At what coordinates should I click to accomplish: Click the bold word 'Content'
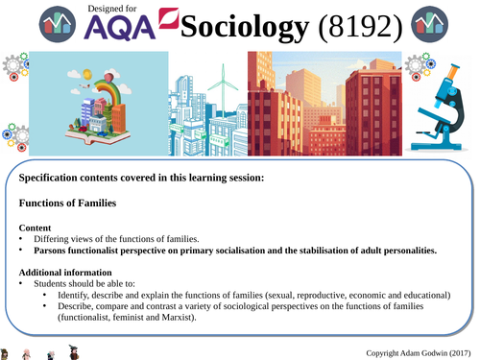pos(39,226)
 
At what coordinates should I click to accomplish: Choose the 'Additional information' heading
pos(69,272)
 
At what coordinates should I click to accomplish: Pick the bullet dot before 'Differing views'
pos(23,238)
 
